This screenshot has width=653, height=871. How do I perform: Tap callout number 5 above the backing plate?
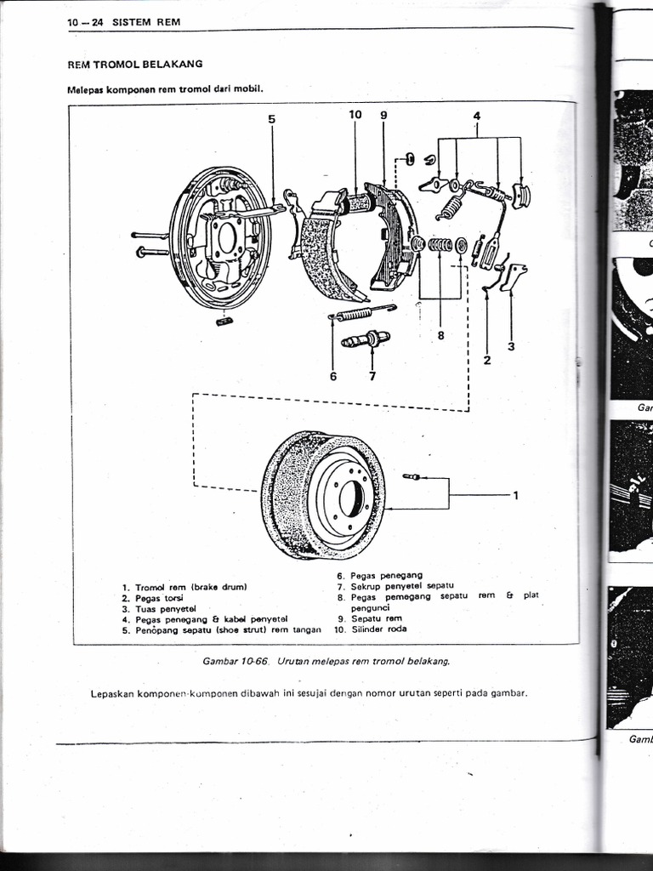(272, 119)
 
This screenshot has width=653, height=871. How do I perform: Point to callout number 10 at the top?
(355, 114)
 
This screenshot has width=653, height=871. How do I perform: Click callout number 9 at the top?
(383, 114)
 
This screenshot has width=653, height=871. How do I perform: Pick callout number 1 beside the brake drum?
(515, 497)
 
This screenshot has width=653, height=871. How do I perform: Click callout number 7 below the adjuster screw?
(372, 376)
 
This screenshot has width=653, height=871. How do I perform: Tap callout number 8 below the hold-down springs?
(440, 335)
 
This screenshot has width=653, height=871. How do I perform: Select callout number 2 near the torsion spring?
(486, 359)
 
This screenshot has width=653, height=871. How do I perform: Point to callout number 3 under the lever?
(511, 346)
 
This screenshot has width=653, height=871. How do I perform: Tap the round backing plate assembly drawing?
(221, 238)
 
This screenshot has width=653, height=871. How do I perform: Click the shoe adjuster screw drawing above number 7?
(366, 339)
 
